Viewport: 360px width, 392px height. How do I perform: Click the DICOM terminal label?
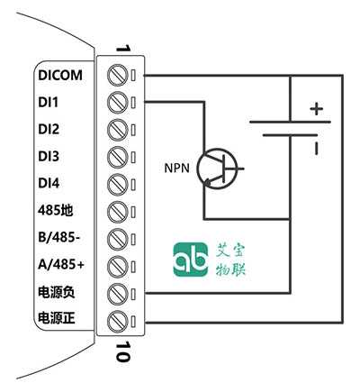click(x=60, y=75)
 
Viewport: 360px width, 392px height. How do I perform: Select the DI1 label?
click(x=49, y=102)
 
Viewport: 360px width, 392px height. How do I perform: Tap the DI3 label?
click(x=49, y=156)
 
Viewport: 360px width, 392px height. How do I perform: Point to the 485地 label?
click(x=56, y=210)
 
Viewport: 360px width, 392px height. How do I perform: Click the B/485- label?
click(x=59, y=237)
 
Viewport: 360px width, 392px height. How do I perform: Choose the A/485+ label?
click(x=61, y=264)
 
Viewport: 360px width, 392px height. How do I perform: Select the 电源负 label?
click(x=57, y=292)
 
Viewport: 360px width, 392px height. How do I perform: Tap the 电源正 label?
click(x=57, y=318)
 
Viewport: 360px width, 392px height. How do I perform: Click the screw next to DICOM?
click(x=118, y=75)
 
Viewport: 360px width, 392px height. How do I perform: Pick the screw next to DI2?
click(x=118, y=130)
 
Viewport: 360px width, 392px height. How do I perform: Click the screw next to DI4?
click(x=118, y=184)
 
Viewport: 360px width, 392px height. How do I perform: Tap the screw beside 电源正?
click(x=118, y=321)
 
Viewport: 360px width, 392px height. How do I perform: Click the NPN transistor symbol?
click(x=217, y=169)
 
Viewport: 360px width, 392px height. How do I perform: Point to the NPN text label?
click(x=177, y=168)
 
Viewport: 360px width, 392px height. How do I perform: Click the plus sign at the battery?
click(x=317, y=109)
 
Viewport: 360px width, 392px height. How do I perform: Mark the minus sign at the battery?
click(x=316, y=148)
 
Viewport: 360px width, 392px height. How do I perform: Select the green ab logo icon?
click(x=191, y=260)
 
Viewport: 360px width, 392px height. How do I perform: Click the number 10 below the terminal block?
click(x=123, y=351)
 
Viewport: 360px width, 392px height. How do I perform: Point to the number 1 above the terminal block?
click(x=123, y=49)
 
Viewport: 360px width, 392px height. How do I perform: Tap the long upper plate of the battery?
click(x=290, y=122)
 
